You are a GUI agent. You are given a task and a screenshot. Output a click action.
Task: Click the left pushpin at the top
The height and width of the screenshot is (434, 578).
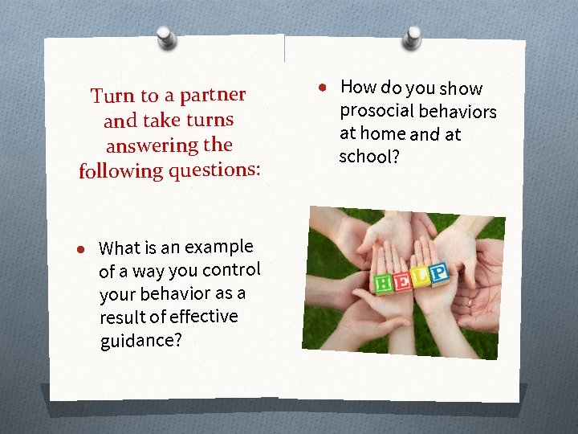(x=167, y=36)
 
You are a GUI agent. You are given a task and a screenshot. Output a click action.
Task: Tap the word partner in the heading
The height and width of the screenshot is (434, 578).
(x=212, y=95)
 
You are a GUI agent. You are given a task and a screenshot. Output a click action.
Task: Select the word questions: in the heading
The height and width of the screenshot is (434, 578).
(x=216, y=170)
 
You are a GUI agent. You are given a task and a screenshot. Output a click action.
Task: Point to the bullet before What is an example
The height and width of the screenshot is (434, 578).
(x=81, y=251)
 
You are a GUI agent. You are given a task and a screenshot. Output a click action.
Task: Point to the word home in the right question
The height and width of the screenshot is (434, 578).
(x=382, y=133)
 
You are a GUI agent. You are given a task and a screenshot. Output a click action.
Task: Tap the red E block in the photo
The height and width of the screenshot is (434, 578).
(x=402, y=280)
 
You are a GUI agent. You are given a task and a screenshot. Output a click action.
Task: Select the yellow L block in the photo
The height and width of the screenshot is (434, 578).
(x=421, y=277)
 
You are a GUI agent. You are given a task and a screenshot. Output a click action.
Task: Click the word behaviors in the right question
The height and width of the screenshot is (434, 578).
(x=458, y=112)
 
